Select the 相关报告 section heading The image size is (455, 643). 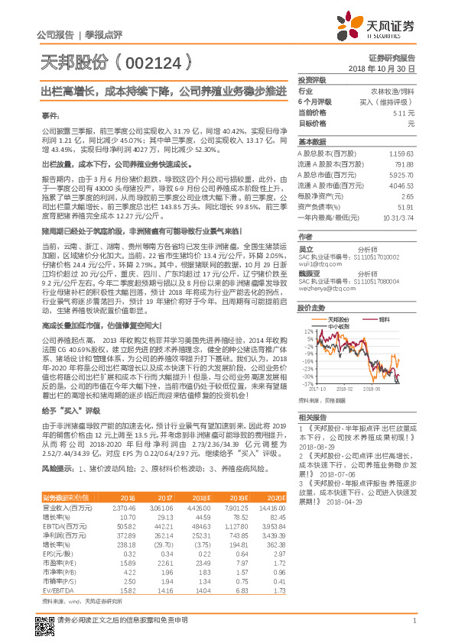[x=312, y=417]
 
